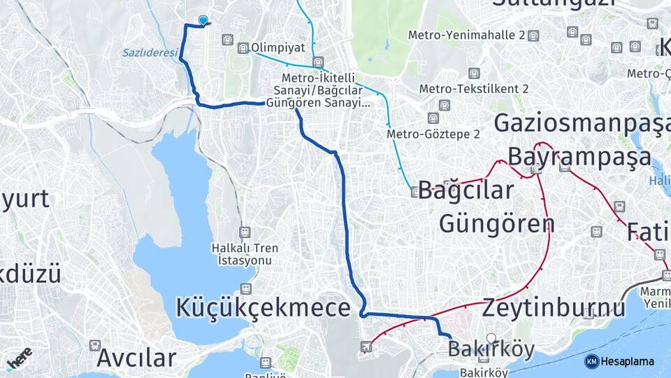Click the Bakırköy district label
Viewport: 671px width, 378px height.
tap(491, 349)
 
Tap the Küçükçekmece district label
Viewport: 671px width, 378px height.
tap(263, 307)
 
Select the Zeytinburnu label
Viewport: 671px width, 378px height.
tap(554, 307)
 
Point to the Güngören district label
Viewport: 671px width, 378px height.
tap(496, 223)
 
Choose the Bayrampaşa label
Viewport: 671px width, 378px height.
tap(579, 156)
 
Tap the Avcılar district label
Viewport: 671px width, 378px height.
tap(136, 358)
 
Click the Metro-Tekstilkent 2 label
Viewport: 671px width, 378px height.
tap(474, 89)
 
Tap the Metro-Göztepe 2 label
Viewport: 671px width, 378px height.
tap(433, 134)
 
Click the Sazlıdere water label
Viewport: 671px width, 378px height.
tap(149, 52)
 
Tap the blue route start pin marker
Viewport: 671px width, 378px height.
tap(203, 21)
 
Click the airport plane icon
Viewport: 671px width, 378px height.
tap(366, 346)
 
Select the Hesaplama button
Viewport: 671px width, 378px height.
tap(619, 361)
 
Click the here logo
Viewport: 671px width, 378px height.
tap(20, 360)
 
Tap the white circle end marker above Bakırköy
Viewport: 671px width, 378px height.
tap(491, 337)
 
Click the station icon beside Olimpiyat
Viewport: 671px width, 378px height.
tap(243, 48)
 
